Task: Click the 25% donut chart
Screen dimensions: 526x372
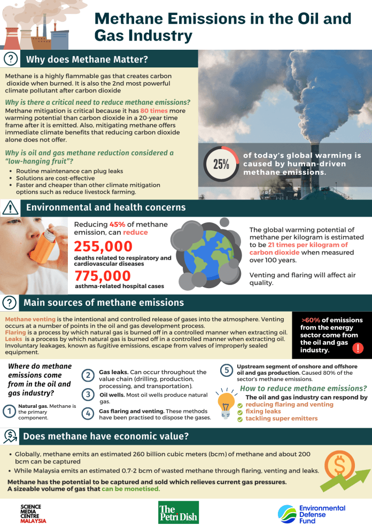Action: tap(221, 164)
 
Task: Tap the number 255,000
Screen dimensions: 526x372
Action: tap(103, 246)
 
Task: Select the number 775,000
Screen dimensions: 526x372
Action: tap(103, 275)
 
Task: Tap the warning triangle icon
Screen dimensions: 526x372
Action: tap(10, 208)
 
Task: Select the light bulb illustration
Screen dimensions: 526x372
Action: tap(226, 402)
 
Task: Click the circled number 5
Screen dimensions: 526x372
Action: tap(227, 369)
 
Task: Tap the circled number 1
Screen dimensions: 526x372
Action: tap(9, 411)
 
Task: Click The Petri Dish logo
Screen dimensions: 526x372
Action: tap(178, 512)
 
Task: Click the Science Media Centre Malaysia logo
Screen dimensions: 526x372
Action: tap(33, 513)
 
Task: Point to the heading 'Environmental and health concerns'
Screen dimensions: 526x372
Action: tap(106, 207)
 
